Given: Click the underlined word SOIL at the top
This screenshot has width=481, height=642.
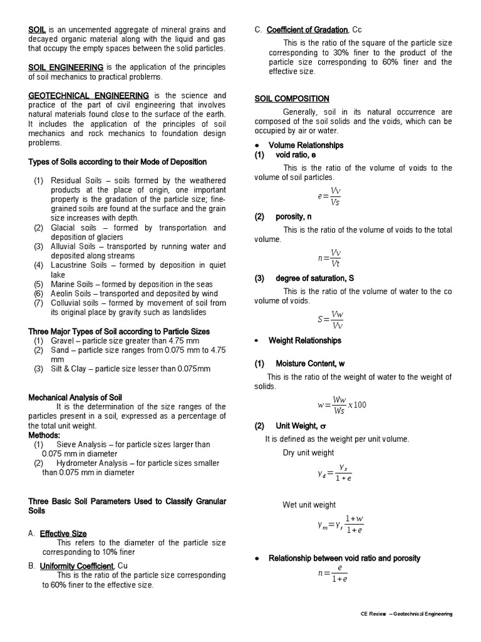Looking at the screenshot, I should click(37, 29).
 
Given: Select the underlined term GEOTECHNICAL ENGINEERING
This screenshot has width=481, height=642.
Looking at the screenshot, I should click(88, 95).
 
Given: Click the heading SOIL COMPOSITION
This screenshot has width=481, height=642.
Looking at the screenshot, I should click(291, 98).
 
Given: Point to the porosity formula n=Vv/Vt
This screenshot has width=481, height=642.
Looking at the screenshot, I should click(330, 258).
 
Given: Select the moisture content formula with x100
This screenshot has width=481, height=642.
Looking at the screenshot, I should click(341, 404).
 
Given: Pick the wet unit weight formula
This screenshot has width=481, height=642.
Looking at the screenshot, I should click(340, 524).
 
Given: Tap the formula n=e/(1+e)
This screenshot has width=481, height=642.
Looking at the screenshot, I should click(333, 573).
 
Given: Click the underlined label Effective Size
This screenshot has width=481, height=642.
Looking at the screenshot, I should click(63, 534).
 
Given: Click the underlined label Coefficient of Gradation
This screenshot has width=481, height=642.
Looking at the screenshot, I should click(307, 29).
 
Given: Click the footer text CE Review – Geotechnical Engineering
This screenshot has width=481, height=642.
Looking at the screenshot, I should click(406, 614).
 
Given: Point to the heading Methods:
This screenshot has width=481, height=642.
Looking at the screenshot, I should click(44, 435).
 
